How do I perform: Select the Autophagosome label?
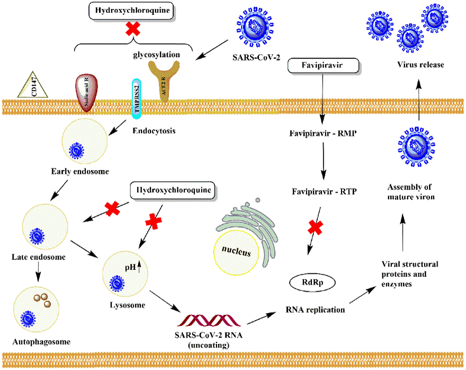pyautogui.click(x=34, y=342)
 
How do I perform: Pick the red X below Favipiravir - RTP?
pyautogui.click(x=315, y=228)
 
